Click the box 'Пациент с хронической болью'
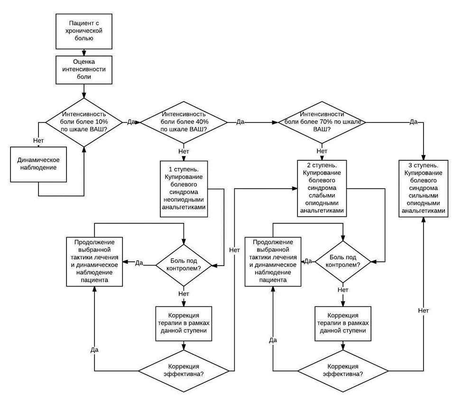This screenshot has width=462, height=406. pos(84,31)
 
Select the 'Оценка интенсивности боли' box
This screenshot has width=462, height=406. pos(84,70)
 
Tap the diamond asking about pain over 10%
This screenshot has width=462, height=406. pos(84,122)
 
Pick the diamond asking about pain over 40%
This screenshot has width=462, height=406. pos(184,122)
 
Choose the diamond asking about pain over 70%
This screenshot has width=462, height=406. pos(322,122)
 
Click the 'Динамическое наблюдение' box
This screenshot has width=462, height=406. pos(38,165)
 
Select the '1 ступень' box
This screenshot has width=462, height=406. pos(184,189)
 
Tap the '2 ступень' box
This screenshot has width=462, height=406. pos(322,188)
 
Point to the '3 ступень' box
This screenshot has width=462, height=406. pos(424,189)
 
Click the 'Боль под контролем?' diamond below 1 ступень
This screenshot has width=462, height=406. pos(184,265)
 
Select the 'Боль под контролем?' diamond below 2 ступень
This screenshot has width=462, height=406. pos(342,262)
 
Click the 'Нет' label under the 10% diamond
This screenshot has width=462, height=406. pos(38,140)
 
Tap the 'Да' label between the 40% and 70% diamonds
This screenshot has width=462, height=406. pos(240,122)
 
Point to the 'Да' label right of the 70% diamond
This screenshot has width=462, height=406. pos(414,122)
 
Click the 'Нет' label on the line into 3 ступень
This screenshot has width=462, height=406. pos(424,311)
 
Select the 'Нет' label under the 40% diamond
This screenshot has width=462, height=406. pos(184,151)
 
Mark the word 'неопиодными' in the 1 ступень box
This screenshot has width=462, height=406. pos(184,200)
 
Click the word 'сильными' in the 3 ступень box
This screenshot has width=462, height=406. pos(424,195)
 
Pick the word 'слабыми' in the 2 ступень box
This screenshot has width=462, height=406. pos(322,195)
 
